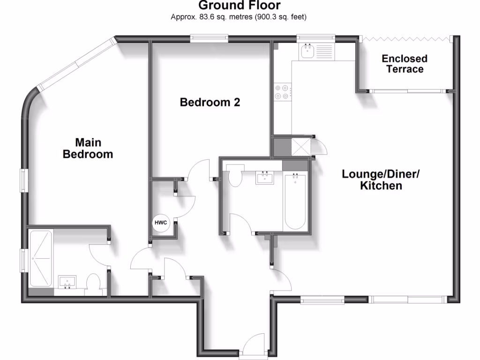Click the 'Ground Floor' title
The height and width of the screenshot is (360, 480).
240,6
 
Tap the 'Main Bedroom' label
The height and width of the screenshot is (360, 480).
88,148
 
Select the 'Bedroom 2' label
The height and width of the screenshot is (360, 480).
210,102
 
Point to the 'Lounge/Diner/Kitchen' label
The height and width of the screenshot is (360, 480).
381,180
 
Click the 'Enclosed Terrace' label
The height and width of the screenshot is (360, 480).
405,64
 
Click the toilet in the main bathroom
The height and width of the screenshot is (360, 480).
234,176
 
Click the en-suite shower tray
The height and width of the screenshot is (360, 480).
40,260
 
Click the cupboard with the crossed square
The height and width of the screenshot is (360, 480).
301,148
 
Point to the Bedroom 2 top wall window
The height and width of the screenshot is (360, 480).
209,38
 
